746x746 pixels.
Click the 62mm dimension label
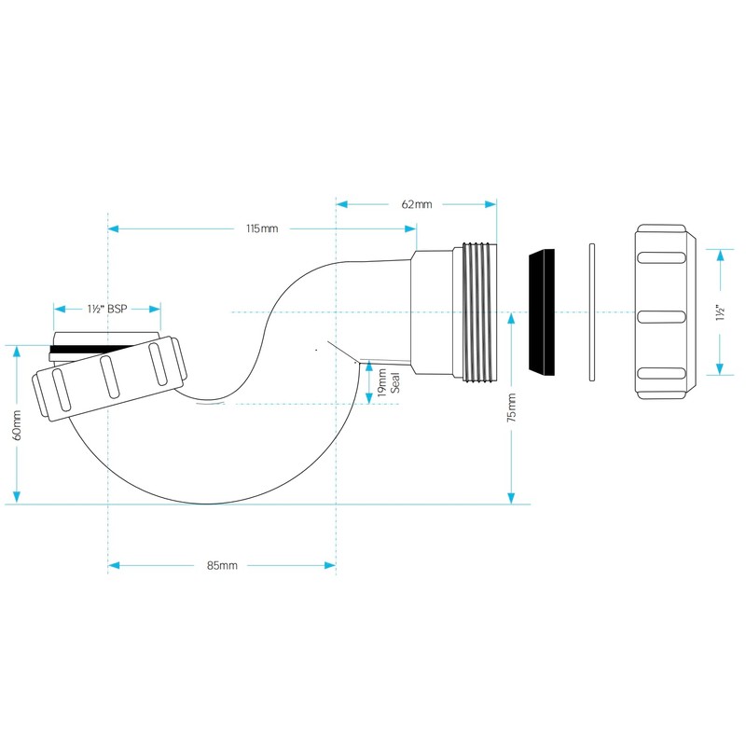(x=416, y=204)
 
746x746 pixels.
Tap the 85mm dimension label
(x=222, y=565)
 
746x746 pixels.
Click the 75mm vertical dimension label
(x=511, y=408)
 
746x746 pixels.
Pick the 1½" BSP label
(x=106, y=308)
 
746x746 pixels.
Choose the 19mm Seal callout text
(x=388, y=382)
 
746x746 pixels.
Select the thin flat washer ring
(x=591, y=312)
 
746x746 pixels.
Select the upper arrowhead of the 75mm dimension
(x=511, y=317)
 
